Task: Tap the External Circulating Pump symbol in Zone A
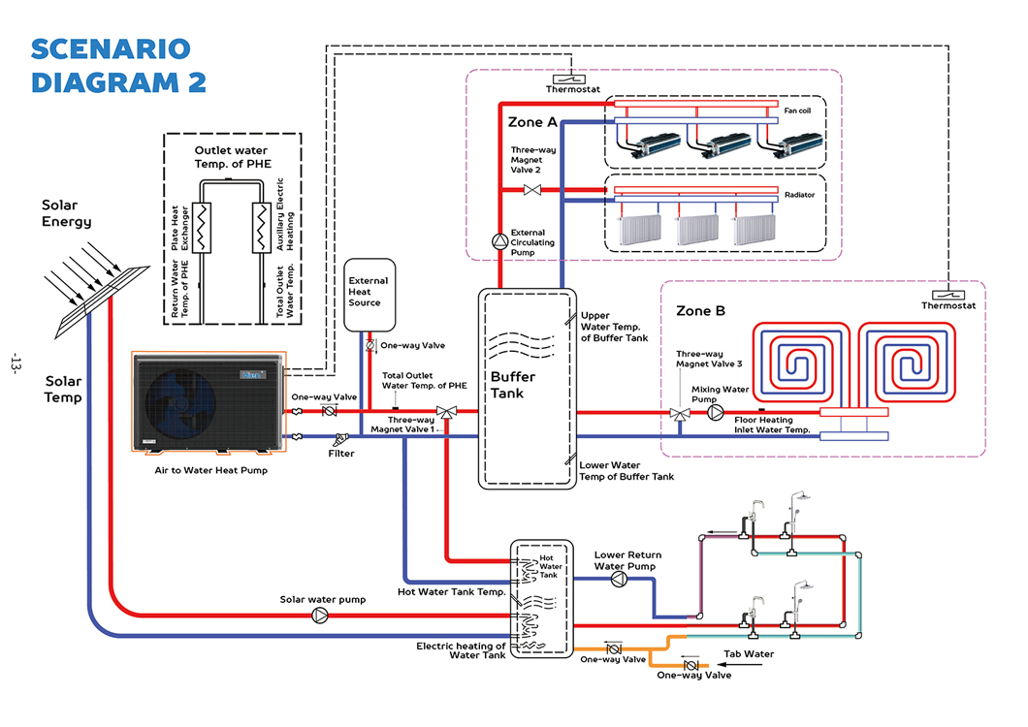tap(499, 240)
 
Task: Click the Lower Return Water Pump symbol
tap(618, 579)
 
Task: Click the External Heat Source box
tap(369, 292)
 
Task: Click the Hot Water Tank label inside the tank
tap(549, 566)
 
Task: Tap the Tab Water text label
tap(750, 653)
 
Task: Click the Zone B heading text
tap(700, 311)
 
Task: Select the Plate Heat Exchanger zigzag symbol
tap(204, 229)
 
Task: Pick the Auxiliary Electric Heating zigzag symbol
tap(260, 229)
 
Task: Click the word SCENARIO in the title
tap(110, 48)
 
